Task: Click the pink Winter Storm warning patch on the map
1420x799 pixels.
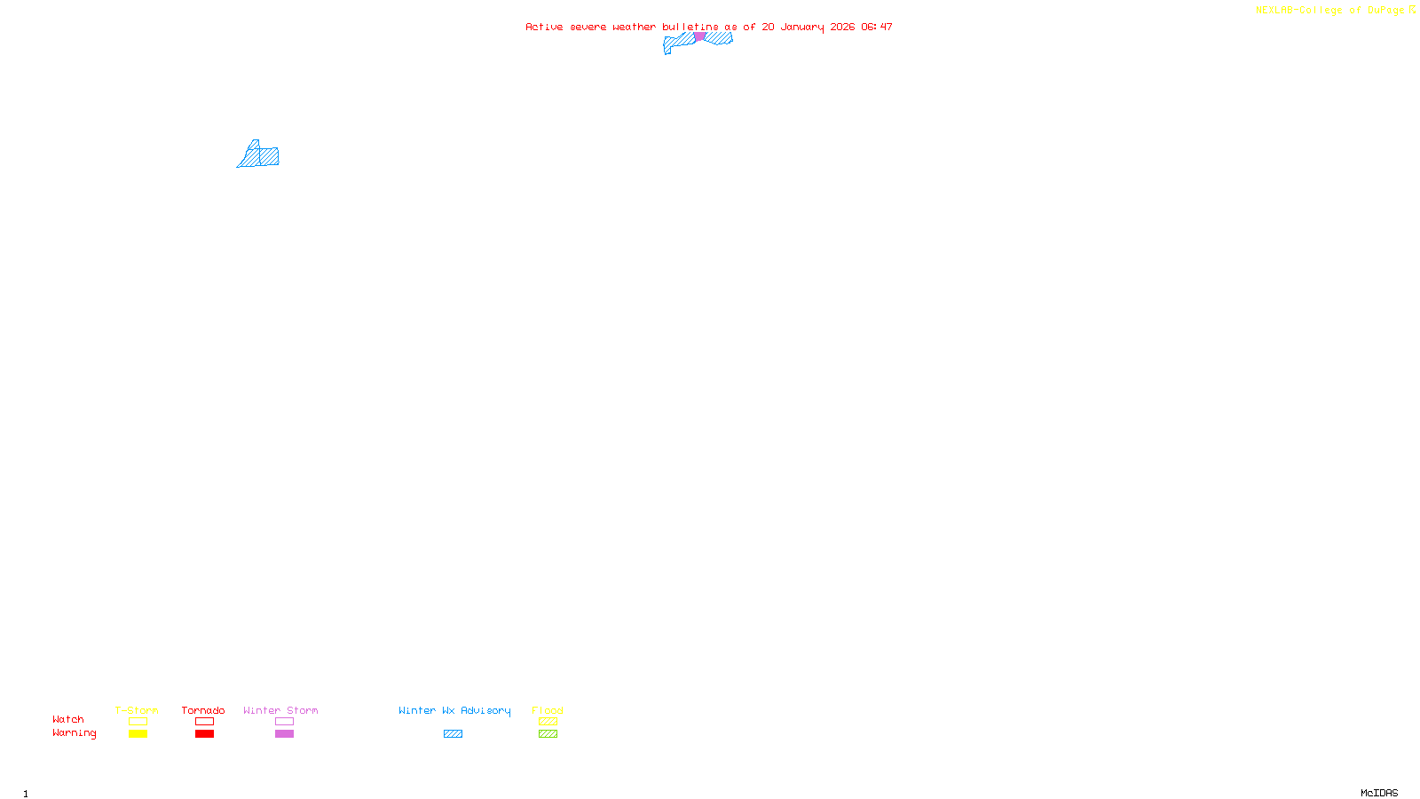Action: [699, 36]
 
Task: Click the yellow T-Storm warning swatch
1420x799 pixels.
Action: [138, 734]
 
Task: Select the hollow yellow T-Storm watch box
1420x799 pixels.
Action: [138, 722]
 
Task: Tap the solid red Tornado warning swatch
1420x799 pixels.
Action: [204, 734]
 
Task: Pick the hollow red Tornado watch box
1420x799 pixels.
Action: [204, 722]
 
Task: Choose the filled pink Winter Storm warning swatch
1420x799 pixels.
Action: [284, 734]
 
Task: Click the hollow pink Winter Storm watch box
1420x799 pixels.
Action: [284, 722]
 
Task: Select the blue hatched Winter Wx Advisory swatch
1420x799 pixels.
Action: [453, 734]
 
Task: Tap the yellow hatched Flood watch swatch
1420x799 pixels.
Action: [548, 722]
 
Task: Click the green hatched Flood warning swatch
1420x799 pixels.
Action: [548, 734]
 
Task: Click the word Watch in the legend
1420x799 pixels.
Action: [68, 720]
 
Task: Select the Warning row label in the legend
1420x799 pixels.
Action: [74, 733]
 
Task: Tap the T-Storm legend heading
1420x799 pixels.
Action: [137, 710]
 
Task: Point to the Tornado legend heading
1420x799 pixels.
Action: [203, 710]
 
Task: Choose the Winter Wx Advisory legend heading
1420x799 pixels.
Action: [454, 710]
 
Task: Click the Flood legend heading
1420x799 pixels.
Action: [548, 710]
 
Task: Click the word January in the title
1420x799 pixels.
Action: [802, 27]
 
